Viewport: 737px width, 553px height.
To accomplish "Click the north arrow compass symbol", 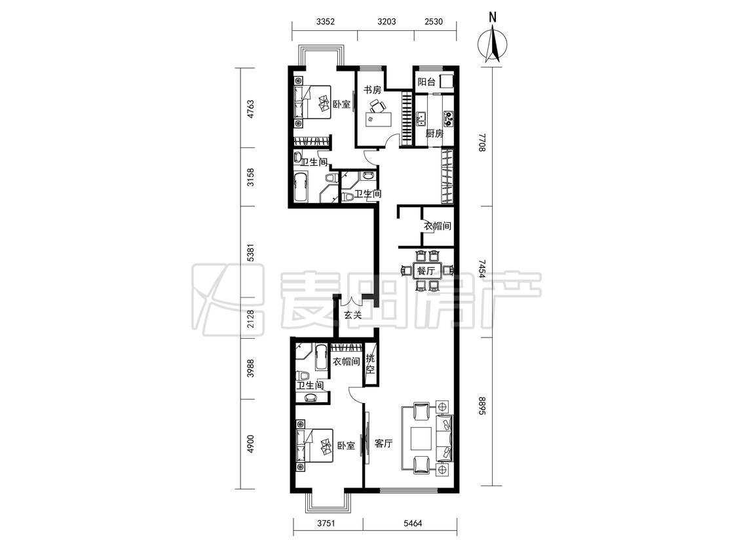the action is click(x=492, y=44).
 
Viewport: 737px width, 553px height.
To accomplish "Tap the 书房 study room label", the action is click(x=372, y=90).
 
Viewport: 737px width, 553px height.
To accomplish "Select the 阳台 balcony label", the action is click(x=426, y=83).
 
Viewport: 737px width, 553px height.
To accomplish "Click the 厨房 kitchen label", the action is click(x=434, y=134).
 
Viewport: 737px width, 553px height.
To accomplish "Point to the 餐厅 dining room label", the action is click(x=426, y=271).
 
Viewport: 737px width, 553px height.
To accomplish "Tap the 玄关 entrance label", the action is click(x=352, y=315).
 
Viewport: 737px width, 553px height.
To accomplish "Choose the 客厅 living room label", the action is click(x=383, y=443).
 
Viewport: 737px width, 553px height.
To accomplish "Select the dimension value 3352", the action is click(x=325, y=21).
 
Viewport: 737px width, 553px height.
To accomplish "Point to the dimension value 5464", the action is click(x=412, y=523).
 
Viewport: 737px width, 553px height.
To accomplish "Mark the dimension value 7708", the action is click(x=482, y=142).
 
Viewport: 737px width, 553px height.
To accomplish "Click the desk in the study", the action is click(x=379, y=118).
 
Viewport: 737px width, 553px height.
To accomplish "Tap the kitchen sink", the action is click(x=421, y=119).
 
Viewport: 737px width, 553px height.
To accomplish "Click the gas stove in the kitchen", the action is click(x=449, y=119).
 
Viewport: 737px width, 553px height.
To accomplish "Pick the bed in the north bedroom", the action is click(x=312, y=102).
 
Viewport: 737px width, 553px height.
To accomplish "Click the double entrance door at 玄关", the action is click(x=352, y=299).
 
